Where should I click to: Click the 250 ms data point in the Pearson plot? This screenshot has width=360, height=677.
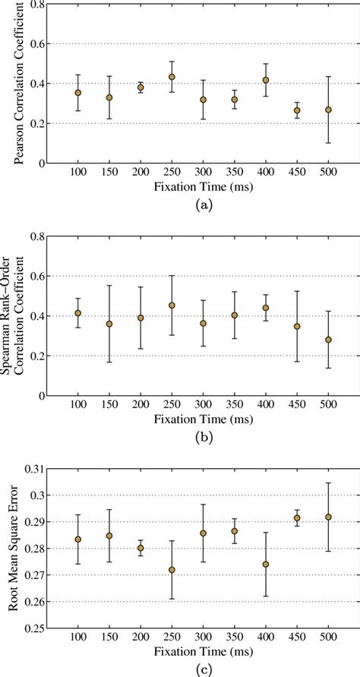click(x=172, y=77)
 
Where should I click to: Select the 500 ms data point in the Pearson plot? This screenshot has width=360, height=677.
click(x=328, y=110)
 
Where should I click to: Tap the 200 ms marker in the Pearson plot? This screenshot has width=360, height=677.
click(x=141, y=87)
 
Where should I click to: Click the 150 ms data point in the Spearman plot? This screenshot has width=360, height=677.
click(x=109, y=324)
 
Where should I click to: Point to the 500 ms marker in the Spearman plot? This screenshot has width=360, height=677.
click(x=328, y=340)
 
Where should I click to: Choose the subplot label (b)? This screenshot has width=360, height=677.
click(x=203, y=438)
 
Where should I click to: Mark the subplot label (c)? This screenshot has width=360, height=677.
click(x=203, y=669)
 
